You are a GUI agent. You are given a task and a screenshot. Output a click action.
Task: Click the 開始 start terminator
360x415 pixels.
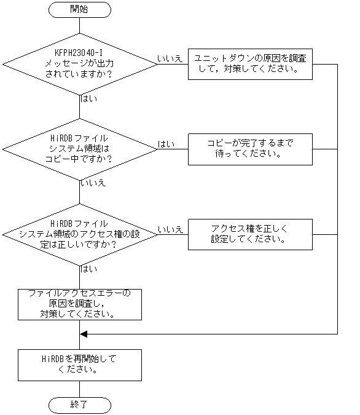[x=80, y=9]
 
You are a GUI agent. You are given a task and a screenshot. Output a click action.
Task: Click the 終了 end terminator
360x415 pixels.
[x=80, y=405]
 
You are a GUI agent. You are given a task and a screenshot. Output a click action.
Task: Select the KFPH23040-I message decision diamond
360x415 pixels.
[x=80, y=63]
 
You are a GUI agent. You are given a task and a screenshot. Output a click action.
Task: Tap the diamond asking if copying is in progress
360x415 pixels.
[x=80, y=148]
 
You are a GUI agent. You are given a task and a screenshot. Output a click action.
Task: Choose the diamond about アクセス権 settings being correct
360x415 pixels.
[x=80, y=234]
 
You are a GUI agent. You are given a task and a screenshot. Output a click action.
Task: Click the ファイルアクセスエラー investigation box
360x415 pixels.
[x=80, y=303]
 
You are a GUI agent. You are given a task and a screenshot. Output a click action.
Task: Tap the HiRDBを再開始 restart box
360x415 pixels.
[x=80, y=365]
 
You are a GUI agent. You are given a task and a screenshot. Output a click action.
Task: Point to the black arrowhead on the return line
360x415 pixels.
[x=85, y=334]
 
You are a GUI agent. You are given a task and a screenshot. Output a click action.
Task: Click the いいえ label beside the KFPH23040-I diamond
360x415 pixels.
[x=170, y=58]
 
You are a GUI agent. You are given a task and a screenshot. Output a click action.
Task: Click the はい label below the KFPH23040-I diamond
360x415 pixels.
[x=89, y=98]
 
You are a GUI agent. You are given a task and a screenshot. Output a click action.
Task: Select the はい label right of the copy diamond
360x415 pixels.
[x=166, y=144]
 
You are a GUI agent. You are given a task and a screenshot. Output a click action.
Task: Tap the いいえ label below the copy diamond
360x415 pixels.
[x=93, y=183]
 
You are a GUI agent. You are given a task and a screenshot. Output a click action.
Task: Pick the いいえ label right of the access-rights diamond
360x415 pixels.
[x=170, y=229]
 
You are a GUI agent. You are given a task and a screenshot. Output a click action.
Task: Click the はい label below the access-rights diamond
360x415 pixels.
[x=89, y=269]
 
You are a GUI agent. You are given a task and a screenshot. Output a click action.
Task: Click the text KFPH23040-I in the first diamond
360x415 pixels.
[x=80, y=52]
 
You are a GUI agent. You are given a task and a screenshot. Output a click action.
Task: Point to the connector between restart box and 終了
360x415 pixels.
[x=80, y=389]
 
